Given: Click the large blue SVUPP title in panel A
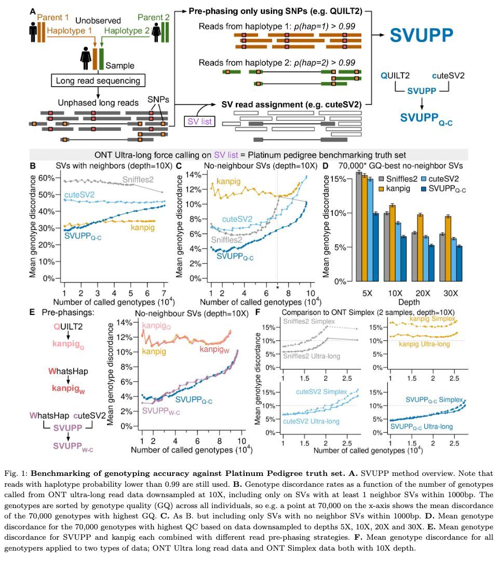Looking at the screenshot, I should [422, 35].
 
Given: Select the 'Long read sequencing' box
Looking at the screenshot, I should [98, 80].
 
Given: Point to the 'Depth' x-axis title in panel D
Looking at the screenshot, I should [409, 302].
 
